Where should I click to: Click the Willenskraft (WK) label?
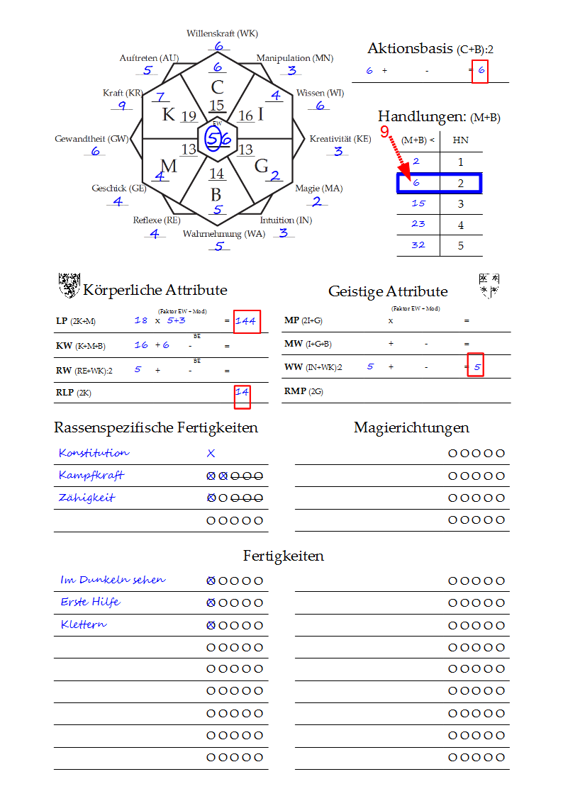[222, 33]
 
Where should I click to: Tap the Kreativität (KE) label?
[340, 139]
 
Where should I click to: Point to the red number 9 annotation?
[385, 131]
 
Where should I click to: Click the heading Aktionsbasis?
[410, 48]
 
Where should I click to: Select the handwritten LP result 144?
[246, 321]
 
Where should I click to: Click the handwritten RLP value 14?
[243, 392]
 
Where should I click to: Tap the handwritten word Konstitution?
[94, 452]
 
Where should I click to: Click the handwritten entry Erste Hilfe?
[90, 602]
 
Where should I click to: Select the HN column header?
[460, 140]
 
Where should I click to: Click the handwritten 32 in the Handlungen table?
[418, 245]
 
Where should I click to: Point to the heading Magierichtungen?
[411, 427]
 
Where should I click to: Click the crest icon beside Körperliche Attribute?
[69, 286]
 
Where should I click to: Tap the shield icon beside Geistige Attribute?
[489, 286]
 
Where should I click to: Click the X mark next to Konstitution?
[211, 454]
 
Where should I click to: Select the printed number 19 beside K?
[189, 116]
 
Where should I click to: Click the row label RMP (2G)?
[303, 391]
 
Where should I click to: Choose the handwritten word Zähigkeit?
[87, 498]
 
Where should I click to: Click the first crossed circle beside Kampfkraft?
[211, 476]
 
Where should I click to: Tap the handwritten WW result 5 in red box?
[477, 367]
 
